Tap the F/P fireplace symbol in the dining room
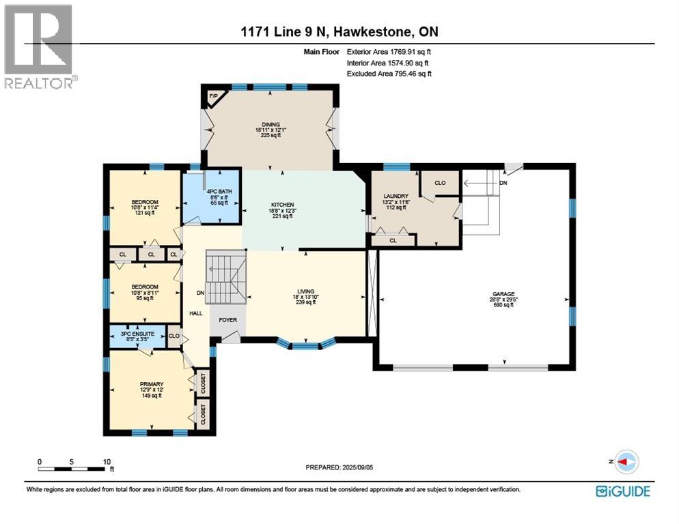tap(213, 97)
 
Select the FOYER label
tap(227, 319)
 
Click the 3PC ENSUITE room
tap(139, 335)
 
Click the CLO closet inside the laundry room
tap(440, 182)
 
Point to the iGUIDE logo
tap(622, 491)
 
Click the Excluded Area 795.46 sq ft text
tap(389, 74)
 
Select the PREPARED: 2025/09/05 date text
tap(339, 467)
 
